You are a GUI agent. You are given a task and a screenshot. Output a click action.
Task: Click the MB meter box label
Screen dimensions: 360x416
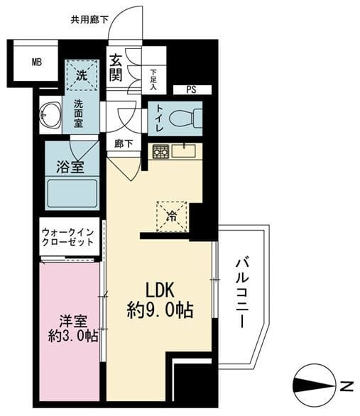[37, 62]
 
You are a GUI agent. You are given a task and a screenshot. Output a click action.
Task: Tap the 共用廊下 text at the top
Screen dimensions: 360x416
[89, 20]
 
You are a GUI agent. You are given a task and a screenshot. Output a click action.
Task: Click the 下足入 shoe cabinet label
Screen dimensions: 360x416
[153, 80]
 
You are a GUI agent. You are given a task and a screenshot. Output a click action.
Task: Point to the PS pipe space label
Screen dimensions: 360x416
[191, 89]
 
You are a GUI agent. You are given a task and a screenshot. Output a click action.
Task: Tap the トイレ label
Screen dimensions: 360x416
[159, 119]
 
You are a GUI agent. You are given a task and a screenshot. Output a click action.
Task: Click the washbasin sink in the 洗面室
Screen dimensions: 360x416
[50, 115]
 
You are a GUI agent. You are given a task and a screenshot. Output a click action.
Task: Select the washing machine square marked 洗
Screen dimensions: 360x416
[82, 75]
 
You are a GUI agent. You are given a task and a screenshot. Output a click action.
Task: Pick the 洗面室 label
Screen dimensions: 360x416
[79, 114]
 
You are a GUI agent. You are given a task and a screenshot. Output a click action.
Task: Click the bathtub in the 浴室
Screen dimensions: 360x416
[72, 194]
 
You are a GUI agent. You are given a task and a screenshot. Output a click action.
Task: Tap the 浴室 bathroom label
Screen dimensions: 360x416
[70, 167]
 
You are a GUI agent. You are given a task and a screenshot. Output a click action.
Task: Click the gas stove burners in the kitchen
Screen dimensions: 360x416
[160, 152]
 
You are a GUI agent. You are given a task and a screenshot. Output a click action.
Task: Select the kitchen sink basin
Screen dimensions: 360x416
[184, 150]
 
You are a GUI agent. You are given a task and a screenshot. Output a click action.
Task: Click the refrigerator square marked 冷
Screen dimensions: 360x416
[172, 217]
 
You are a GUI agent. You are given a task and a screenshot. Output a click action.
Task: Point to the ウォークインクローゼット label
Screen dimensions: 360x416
[68, 237]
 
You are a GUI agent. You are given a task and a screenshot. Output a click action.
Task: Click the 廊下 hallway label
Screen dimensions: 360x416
[124, 144]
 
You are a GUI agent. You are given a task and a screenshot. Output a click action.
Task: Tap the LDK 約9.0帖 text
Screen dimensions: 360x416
[160, 300]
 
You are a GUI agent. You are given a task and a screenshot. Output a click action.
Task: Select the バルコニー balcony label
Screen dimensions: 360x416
[242, 294]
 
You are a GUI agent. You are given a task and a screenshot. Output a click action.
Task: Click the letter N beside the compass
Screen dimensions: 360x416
[347, 386]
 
